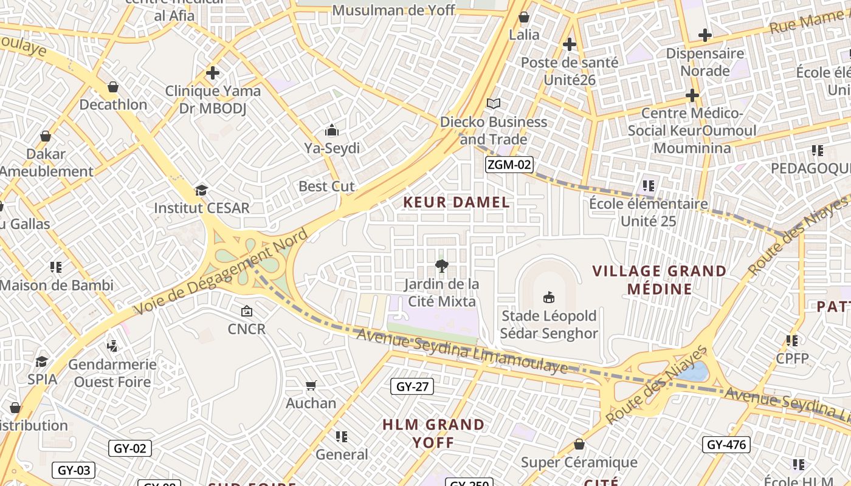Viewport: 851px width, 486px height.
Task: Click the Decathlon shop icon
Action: [112, 87]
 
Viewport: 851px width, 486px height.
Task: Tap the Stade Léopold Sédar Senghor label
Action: [549, 324]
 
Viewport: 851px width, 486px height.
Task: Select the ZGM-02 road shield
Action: [509, 165]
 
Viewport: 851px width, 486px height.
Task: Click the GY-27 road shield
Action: [412, 386]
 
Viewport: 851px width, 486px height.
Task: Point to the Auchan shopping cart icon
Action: [311, 385]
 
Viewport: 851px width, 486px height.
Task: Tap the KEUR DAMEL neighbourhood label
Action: [457, 202]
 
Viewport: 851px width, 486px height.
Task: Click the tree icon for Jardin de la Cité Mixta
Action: [441, 265]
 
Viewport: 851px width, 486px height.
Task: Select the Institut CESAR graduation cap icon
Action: [201, 190]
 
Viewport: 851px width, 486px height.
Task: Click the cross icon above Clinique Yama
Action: [212, 73]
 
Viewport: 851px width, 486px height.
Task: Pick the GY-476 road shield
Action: [726, 445]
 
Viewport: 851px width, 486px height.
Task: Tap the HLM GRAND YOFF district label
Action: [433, 433]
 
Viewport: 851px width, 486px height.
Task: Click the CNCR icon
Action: [246, 311]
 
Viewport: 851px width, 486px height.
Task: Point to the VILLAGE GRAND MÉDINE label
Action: [660, 279]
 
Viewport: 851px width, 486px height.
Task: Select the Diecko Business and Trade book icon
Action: [494, 104]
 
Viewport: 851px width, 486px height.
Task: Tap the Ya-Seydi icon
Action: [332, 130]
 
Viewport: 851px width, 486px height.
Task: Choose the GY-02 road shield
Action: [130, 448]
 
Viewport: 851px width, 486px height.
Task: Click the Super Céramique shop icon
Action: [579, 444]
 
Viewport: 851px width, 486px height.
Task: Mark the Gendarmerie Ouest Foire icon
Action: [112, 346]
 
